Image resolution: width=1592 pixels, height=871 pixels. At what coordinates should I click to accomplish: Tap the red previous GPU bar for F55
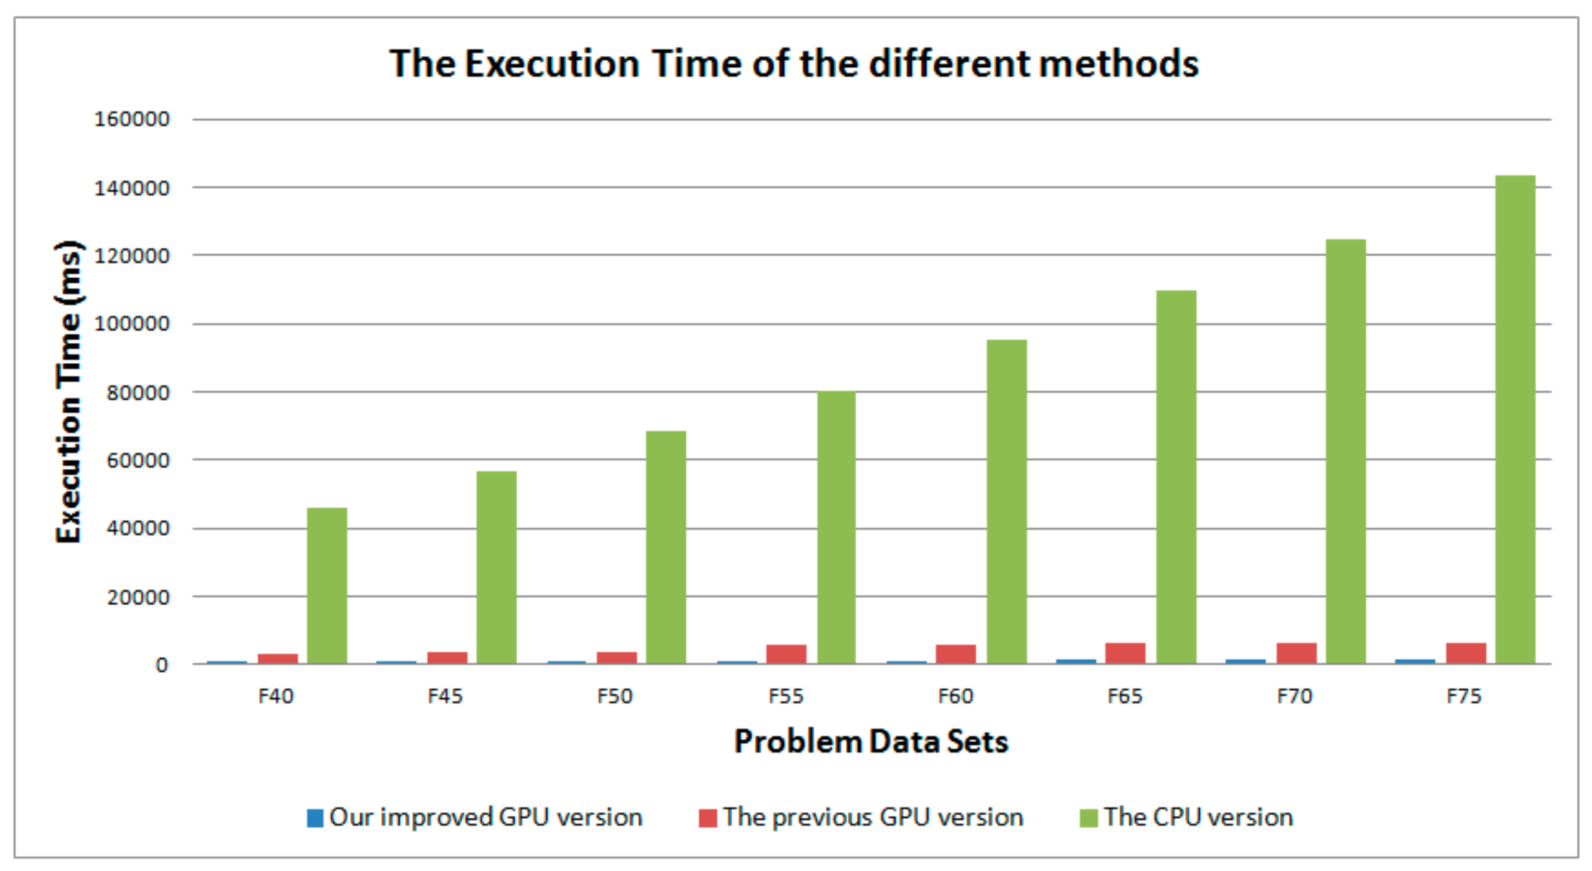(786, 654)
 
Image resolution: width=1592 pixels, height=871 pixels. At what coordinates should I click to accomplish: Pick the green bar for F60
(1006, 501)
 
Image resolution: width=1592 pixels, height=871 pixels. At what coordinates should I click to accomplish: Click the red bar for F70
(1296, 653)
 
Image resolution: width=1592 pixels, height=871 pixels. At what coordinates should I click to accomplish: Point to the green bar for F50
(666, 547)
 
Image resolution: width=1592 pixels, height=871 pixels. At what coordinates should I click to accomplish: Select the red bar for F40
(278, 658)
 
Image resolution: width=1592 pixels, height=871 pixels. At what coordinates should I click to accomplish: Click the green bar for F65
(1176, 477)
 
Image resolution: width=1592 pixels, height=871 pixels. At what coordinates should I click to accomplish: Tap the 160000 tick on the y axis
(131, 119)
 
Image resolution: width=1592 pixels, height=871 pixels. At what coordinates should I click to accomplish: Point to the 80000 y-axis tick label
(137, 393)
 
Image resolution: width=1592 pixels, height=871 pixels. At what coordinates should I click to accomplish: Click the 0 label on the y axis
(161, 665)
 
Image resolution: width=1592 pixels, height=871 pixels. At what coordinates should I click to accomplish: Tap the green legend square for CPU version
(1088, 818)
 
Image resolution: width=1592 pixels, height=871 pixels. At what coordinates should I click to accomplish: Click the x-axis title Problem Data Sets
(871, 741)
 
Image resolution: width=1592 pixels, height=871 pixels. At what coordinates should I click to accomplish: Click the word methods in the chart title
(1118, 64)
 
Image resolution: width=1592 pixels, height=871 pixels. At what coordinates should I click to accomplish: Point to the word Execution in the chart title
(552, 64)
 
